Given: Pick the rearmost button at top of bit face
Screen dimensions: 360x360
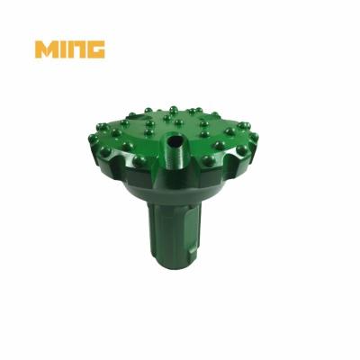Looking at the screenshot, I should [174, 109].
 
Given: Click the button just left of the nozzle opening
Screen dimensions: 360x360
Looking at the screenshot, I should [148, 132].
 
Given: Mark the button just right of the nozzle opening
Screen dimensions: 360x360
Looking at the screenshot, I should [204, 133].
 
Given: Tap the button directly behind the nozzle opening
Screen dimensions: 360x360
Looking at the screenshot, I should [178, 121].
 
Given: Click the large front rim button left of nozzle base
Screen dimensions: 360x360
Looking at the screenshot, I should [139, 160].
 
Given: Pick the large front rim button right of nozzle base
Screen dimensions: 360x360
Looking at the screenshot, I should [209, 160].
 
